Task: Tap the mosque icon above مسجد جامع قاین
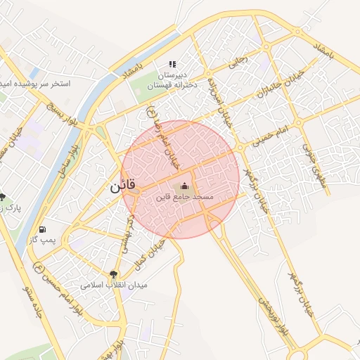point(184,186)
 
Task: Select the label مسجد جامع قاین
point(184,198)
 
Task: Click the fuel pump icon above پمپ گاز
point(44,229)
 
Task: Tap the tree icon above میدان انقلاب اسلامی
point(114,274)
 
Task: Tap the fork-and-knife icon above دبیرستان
point(172,64)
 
